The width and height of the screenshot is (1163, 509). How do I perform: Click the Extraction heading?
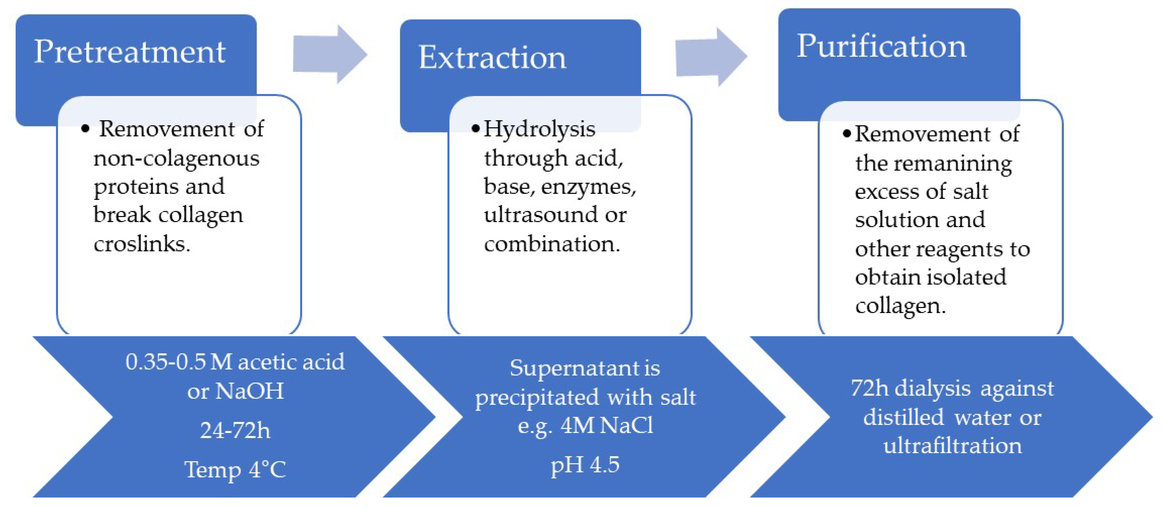492,58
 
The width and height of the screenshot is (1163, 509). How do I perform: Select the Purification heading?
881,46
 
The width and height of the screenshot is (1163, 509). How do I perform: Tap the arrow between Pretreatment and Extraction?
330,55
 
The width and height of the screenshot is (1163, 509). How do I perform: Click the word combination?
552,244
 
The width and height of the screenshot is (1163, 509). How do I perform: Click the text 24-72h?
235,430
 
